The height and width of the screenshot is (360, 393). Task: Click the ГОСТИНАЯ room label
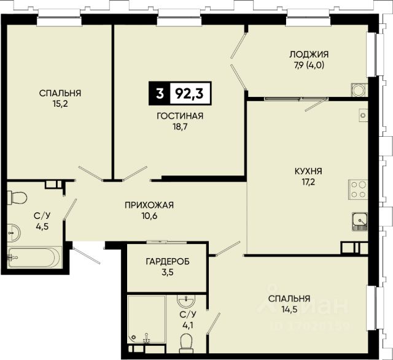pyautogui.click(x=180, y=116)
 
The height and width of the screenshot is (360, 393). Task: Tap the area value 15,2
pyautogui.click(x=60, y=104)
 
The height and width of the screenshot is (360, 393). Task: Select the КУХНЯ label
pyautogui.click(x=308, y=171)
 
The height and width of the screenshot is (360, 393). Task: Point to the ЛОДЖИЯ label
pyautogui.click(x=309, y=55)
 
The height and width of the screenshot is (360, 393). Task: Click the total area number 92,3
pyautogui.click(x=189, y=94)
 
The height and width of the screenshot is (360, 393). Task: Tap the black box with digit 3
pyautogui.click(x=160, y=94)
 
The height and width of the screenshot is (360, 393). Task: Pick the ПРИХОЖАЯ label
pyautogui.click(x=149, y=205)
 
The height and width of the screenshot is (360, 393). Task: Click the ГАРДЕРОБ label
pyautogui.click(x=168, y=262)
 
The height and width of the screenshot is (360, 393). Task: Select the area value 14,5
pyautogui.click(x=289, y=310)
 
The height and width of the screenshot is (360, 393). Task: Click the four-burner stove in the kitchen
pyautogui.click(x=358, y=190)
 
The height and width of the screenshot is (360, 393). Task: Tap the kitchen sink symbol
pyautogui.click(x=360, y=221)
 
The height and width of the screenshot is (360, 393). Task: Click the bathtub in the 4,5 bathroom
pyautogui.click(x=34, y=258)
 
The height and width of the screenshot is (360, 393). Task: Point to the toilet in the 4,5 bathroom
pyautogui.click(x=17, y=197)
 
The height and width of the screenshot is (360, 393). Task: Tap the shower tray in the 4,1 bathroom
pyautogui.click(x=146, y=319)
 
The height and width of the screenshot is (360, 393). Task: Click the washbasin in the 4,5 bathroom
pyautogui.click(x=14, y=233)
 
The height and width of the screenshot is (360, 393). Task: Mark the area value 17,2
pyautogui.click(x=308, y=182)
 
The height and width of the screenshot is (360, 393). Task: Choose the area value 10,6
pyautogui.click(x=149, y=216)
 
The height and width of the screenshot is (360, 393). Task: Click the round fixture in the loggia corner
pyautogui.click(x=359, y=90)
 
